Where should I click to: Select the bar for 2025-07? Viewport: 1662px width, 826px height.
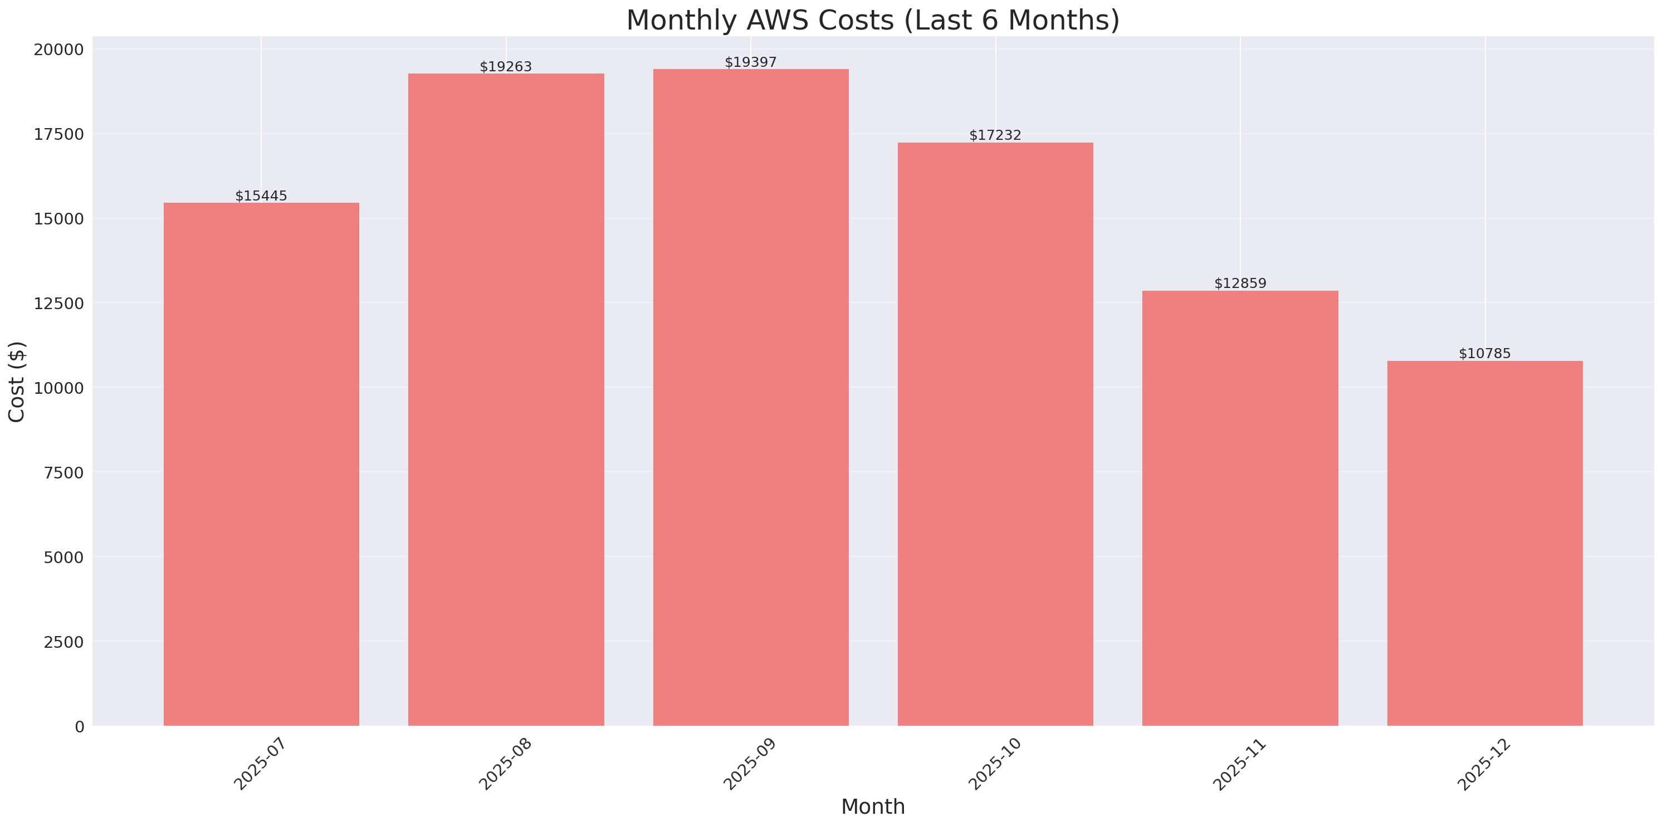(261, 464)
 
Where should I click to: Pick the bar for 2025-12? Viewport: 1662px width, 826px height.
(1484, 542)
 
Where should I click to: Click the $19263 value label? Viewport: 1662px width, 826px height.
(506, 67)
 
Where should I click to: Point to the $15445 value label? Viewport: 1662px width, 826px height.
(261, 196)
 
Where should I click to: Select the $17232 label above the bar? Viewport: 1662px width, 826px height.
(995, 135)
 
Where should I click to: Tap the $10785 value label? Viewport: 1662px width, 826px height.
(1484, 354)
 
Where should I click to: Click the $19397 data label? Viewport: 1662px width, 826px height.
(750, 62)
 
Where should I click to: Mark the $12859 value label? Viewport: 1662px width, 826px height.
(1240, 284)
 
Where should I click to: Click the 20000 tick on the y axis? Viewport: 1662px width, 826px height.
(58, 50)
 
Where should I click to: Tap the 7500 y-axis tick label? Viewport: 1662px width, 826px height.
(63, 473)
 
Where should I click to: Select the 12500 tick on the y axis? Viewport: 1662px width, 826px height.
(58, 304)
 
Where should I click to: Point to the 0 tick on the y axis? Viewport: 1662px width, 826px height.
(79, 727)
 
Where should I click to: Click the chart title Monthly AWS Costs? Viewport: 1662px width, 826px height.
(872, 20)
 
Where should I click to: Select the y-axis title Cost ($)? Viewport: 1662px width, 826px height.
(17, 382)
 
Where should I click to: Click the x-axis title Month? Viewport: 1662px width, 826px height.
(872, 807)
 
